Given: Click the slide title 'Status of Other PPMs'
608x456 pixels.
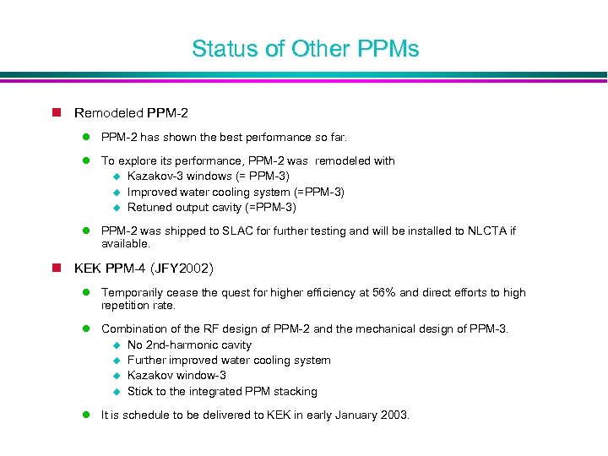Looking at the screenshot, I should pyautogui.click(x=305, y=49).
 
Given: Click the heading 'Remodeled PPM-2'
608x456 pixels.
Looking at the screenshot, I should pyautogui.click(x=131, y=113).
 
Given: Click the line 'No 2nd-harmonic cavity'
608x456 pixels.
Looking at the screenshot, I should pyautogui.click(x=189, y=345).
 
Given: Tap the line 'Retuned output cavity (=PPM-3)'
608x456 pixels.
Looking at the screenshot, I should pyautogui.click(x=211, y=207).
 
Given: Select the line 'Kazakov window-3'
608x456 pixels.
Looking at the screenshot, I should pyautogui.click(x=176, y=375).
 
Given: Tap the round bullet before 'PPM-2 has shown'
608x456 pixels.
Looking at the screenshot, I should pyautogui.click(x=86, y=137).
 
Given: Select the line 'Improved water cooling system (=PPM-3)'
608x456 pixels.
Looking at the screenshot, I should pyautogui.click(x=236, y=192).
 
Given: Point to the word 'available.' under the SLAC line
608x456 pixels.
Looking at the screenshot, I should pyautogui.click(x=126, y=244).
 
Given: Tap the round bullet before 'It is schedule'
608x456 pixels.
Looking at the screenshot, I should pyautogui.click(x=86, y=415).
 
